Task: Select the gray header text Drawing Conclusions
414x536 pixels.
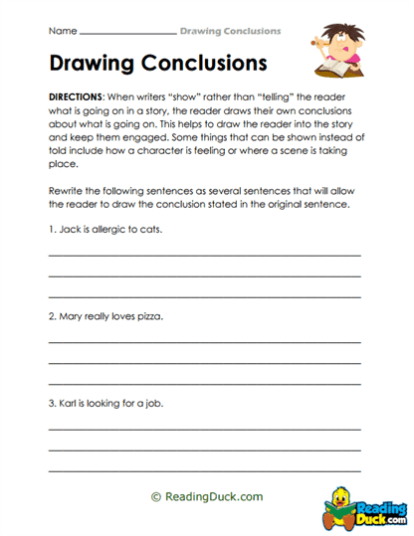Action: click(230, 30)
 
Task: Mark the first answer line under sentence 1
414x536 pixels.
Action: click(205, 255)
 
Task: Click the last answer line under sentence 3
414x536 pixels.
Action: click(205, 468)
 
